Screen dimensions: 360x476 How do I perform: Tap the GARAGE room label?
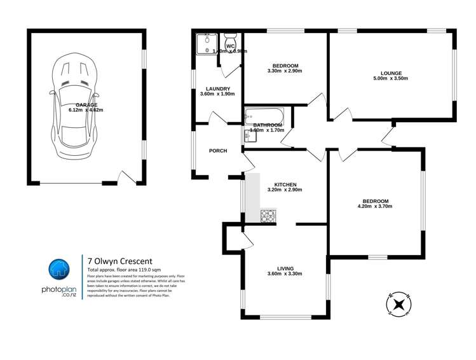pos(86,104)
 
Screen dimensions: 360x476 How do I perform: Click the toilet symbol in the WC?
pos(231,38)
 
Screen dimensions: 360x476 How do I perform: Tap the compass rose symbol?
pos(399,304)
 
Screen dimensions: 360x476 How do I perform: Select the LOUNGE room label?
pos(390,73)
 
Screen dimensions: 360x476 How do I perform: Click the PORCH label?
pos(218,151)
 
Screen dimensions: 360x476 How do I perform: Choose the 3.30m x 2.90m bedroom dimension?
pos(285,71)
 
